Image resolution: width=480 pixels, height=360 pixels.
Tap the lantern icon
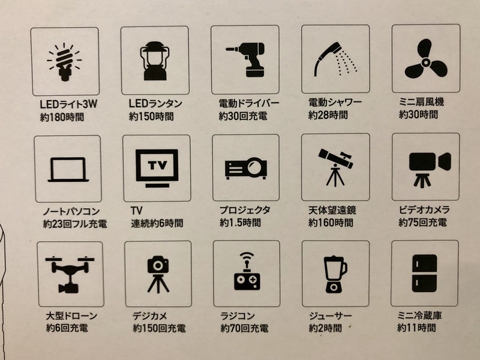click(155, 61)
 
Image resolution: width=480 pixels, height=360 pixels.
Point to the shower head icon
click(335, 59)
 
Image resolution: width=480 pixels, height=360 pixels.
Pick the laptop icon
click(68, 170)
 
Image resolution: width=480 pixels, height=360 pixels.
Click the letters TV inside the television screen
click(158, 166)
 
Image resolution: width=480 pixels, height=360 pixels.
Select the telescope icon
click(335, 167)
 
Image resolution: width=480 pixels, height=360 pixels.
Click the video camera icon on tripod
click(430, 169)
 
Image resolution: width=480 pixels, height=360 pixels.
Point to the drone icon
click(70, 274)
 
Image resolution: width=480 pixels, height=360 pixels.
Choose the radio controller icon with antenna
click(247, 271)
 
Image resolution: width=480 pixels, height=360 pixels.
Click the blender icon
click(335, 274)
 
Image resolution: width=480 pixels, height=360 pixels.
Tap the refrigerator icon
click(424, 273)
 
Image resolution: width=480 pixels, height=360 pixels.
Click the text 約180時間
click(62, 117)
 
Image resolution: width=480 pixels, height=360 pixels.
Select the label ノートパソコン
click(71, 211)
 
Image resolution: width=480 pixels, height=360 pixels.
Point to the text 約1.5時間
click(241, 223)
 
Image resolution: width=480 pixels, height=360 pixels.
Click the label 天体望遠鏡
click(332, 210)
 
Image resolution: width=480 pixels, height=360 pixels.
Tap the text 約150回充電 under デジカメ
click(159, 328)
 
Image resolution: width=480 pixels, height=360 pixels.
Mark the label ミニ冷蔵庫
click(419, 316)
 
